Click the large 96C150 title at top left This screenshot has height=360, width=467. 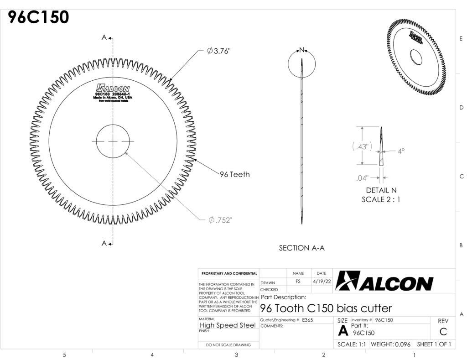pyautogui.click(x=38, y=17)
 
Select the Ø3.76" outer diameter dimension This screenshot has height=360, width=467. pyautogui.click(x=218, y=51)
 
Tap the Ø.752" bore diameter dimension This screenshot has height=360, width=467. pyautogui.click(x=220, y=220)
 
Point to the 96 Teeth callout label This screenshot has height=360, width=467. pyautogui.click(x=234, y=174)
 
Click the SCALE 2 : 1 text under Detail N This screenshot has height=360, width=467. pyautogui.click(x=381, y=199)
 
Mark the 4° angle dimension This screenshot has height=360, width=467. pyautogui.click(x=401, y=151)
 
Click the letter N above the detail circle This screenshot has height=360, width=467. pyautogui.click(x=302, y=49)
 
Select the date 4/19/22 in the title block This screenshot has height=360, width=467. pyautogui.click(x=322, y=282)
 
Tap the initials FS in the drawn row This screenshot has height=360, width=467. pyautogui.click(x=298, y=282)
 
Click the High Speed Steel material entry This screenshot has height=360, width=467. pyautogui.click(x=228, y=325)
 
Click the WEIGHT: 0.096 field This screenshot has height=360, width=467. pyautogui.click(x=391, y=344)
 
